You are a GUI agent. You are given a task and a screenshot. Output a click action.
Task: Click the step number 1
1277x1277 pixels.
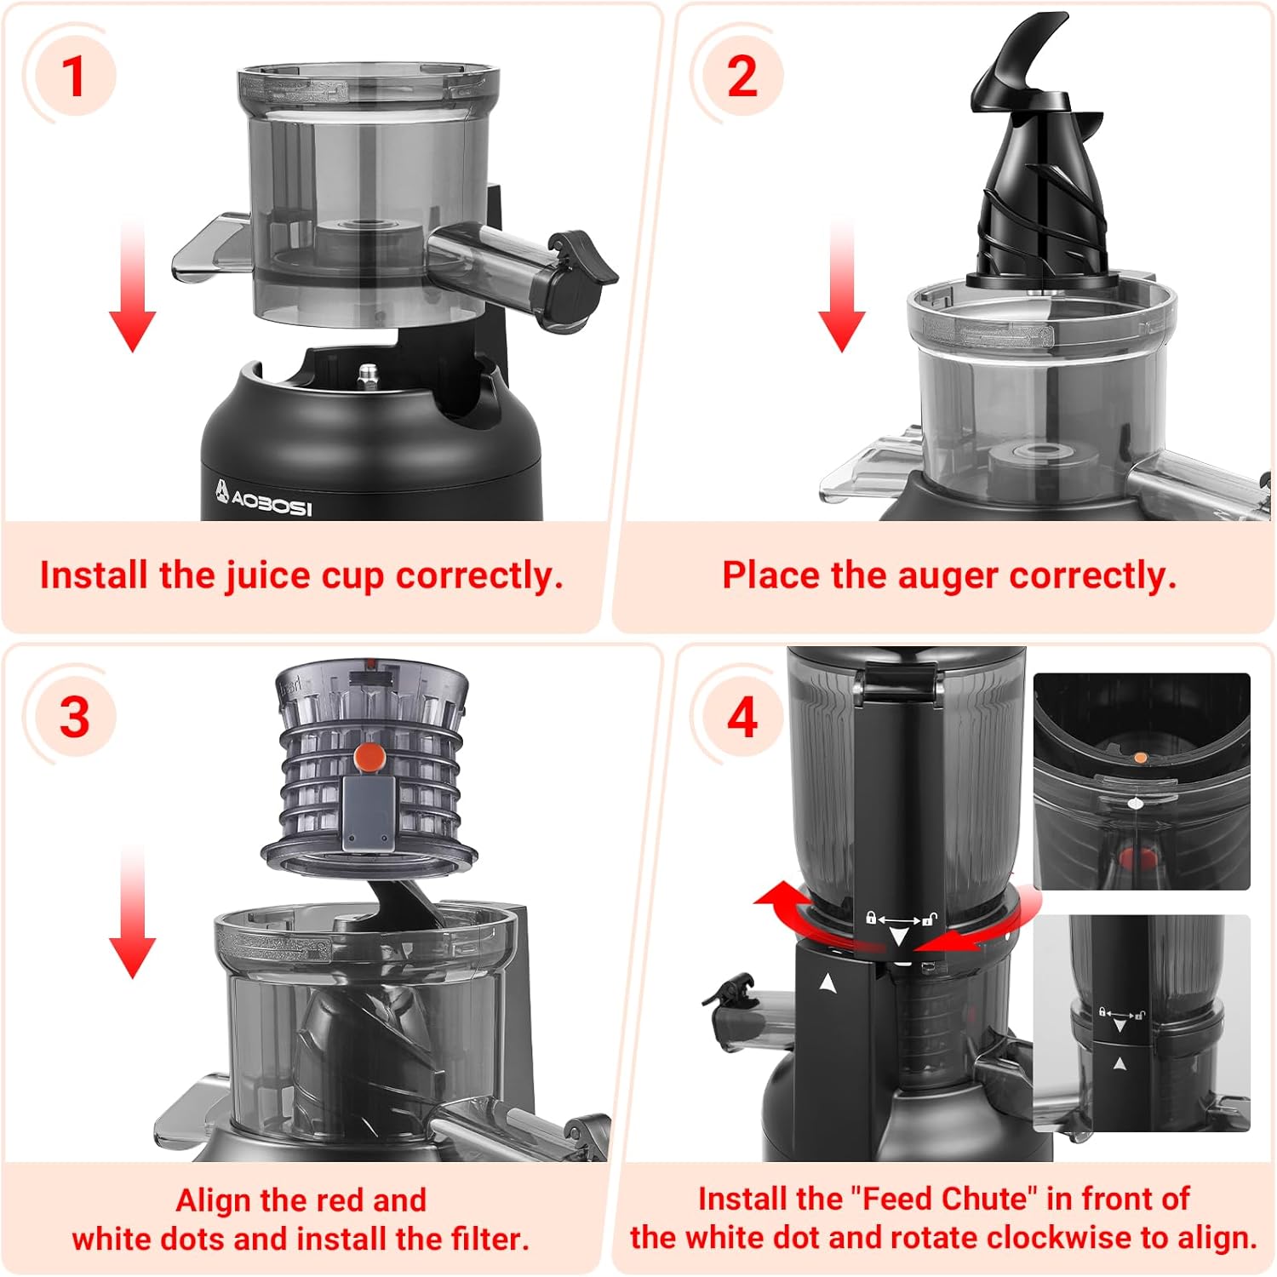[75, 76]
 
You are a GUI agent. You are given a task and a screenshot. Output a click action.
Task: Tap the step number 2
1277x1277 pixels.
[742, 76]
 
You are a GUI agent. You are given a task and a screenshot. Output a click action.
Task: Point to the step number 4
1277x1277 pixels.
[742, 717]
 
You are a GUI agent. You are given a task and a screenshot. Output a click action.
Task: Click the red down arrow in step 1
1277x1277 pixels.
[132, 285]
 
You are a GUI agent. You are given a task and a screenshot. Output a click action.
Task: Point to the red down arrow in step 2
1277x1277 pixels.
[841, 285]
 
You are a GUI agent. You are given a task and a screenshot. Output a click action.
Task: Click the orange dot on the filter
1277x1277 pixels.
[369, 756]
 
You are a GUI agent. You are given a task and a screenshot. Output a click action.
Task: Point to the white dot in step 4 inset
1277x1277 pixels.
[1133, 802]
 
